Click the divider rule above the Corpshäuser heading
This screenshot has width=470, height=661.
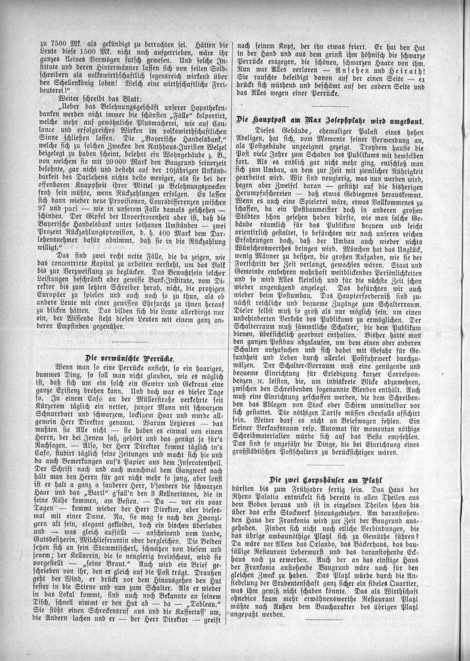(x=331, y=466)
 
